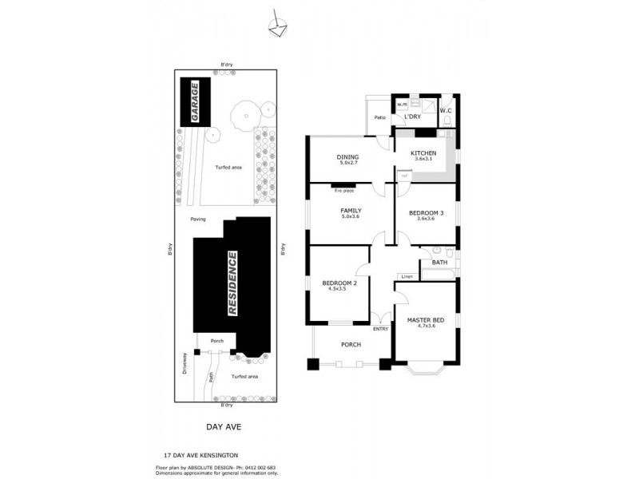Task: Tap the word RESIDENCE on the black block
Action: pyautogui.click(x=233, y=283)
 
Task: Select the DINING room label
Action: pyautogui.click(x=347, y=157)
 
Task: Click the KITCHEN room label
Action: pyautogui.click(x=423, y=152)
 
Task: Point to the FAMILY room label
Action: pyautogui.click(x=351, y=211)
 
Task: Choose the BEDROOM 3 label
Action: pyautogui.click(x=426, y=212)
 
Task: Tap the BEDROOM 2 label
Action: pyautogui.click(x=339, y=283)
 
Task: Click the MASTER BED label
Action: pyautogui.click(x=425, y=321)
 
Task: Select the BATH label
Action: pyautogui.click(x=439, y=262)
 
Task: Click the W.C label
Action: pyautogui.click(x=447, y=110)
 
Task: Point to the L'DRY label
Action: pyautogui.click(x=413, y=117)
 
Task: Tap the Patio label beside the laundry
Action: pyautogui.click(x=380, y=118)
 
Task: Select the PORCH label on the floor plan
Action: pyautogui.click(x=351, y=345)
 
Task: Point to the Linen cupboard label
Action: pyautogui.click(x=407, y=276)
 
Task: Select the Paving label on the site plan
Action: pyautogui.click(x=199, y=220)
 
